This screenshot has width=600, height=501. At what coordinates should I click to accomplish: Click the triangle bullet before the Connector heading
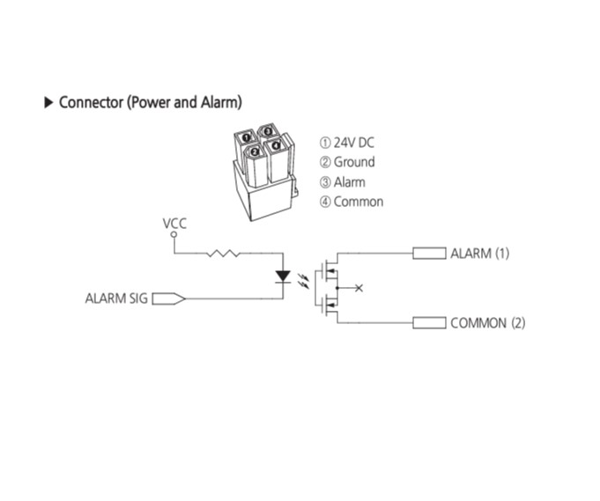point(48,102)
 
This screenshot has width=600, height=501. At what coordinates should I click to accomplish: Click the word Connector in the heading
point(90,102)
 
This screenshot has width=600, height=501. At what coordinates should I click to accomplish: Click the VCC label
point(174,224)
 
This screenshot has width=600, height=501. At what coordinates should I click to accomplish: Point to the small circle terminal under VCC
point(174,236)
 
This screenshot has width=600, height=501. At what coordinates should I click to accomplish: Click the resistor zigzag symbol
point(224,254)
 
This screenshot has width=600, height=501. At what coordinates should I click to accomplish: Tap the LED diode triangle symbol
point(283,276)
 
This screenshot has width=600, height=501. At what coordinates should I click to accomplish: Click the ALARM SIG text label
point(116,298)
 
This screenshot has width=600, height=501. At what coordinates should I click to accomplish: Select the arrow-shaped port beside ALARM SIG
point(168,298)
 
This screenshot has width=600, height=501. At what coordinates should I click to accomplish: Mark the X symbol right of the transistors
point(359,287)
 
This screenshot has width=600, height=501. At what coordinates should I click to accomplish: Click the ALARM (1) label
point(480,254)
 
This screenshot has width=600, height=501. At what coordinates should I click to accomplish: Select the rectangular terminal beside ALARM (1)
point(429,254)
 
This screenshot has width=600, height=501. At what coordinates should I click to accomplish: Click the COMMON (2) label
point(488,323)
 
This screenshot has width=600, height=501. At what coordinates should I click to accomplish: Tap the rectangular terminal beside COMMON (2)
point(429,323)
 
